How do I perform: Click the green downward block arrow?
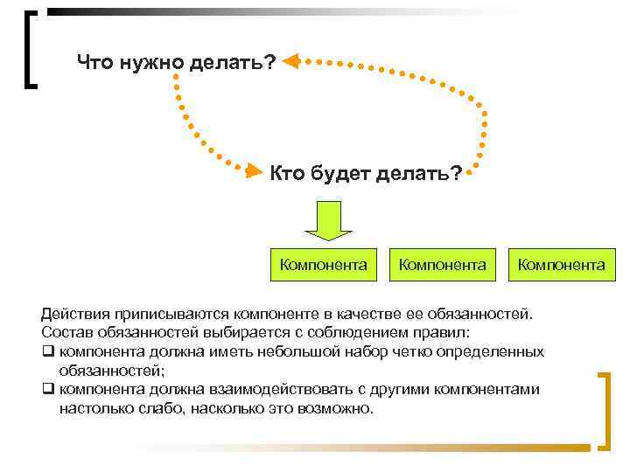click(328, 220)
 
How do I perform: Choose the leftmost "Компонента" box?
click(322, 264)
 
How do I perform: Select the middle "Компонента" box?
click(442, 264)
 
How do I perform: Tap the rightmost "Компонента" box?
click(561, 264)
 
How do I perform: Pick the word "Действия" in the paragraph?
click(71, 313)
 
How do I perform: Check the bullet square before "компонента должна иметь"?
click(47, 352)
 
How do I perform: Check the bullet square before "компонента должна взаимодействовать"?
click(47, 391)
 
